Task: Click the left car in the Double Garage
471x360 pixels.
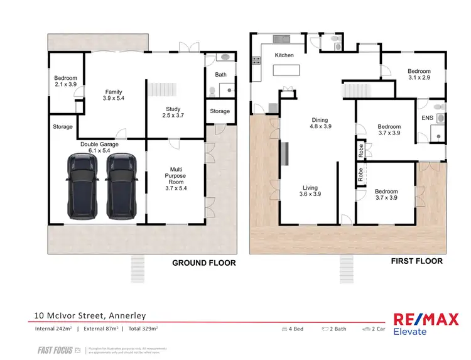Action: pyautogui.click(x=82, y=187)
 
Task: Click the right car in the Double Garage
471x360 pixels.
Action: pyautogui.click(x=121, y=187)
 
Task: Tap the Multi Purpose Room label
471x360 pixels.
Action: pyautogui.click(x=175, y=178)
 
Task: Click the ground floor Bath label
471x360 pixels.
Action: pyautogui.click(x=220, y=75)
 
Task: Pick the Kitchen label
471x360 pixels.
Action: pyautogui.click(x=284, y=55)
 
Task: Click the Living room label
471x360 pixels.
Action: pyautogui.click(x=310, y=191)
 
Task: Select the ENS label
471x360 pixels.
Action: pyautogui.click(x=427, y=117)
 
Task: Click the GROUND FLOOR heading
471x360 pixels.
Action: pyautogui.click(x=204, y=263)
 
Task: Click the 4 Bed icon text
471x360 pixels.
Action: pyautogui.click(x=295, y=329)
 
